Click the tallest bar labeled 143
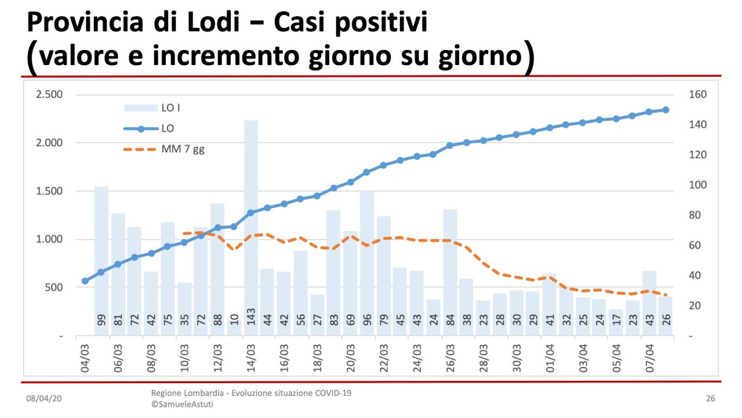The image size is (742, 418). click(x=251, y=226)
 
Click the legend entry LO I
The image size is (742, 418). click(x=174, y=108)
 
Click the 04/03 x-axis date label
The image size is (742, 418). click(x=85, y=358)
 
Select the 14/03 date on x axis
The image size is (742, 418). click(x=251, y=358)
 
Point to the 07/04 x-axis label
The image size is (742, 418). click(x=649, y=358)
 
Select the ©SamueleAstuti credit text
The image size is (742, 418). click(x=182, y=404)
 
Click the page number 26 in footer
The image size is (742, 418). click(x=711, y=399)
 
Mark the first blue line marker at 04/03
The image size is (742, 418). click(x=85, y=281)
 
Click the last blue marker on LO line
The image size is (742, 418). click(x=665, y=110)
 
